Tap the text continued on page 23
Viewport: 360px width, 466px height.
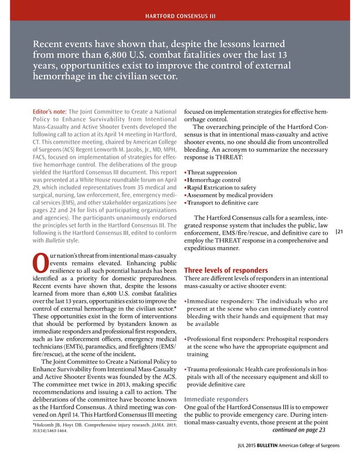click(x=298, y=429)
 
